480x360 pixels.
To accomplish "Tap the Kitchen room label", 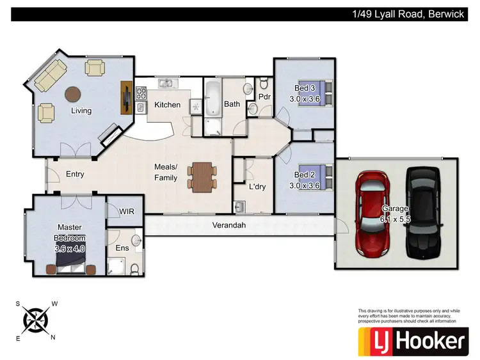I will coord(168,105).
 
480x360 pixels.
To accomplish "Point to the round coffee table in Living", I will coord(73,95).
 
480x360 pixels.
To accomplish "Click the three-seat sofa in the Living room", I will coord(49,76).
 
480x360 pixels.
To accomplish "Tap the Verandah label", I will coord(229,225).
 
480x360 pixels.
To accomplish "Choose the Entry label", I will coord(75,174).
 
